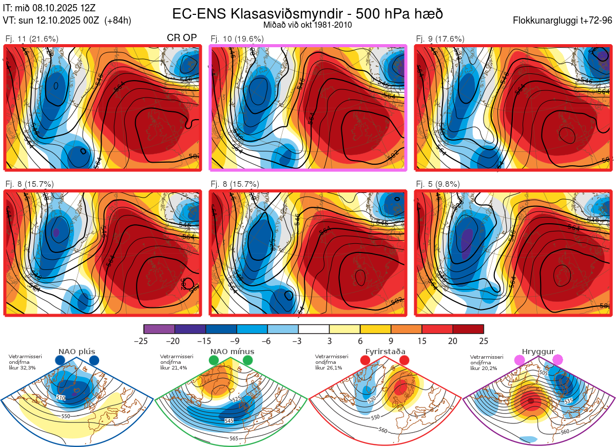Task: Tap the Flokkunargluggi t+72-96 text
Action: click(562, 21)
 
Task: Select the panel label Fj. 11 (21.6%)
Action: click(31, 39)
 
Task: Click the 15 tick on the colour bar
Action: click(421, 341)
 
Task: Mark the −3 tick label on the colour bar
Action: click(297, 341)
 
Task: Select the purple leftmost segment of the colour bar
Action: click(159, 329)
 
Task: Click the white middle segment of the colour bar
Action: click(314, 329)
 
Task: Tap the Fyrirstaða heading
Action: click(385, 352)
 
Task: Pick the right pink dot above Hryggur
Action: click(557, 360)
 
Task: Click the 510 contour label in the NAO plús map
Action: click(61, 397)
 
